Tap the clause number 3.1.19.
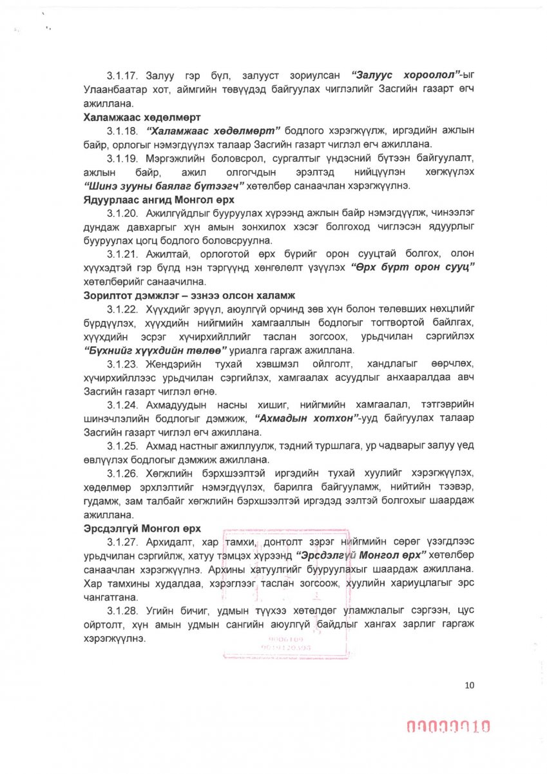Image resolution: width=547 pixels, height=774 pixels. point(122,159)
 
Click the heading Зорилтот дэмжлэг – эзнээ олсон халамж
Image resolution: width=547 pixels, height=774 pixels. point(189,296)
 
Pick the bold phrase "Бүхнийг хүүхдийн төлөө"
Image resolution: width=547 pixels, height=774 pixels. point(154,350)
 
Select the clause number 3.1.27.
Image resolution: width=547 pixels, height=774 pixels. point(122,541)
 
